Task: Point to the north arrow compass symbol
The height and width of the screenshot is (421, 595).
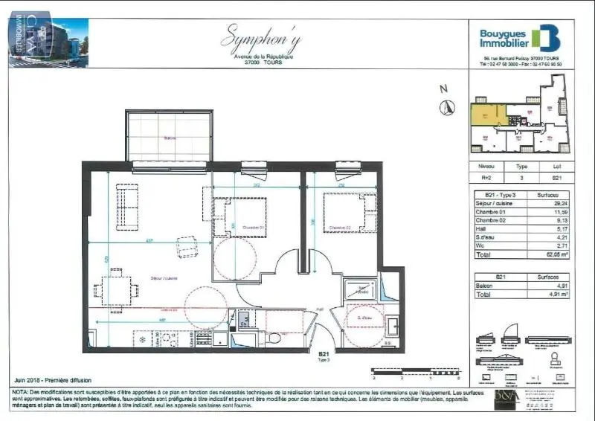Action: coord(446,106)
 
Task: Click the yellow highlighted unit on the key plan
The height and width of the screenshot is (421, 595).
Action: coord(488,115)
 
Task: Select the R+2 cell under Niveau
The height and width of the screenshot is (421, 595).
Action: coord(486,178)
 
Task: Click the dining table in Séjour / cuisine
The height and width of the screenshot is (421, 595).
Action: coord(117,289)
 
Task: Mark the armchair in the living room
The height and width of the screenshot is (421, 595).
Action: coord(187,246)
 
